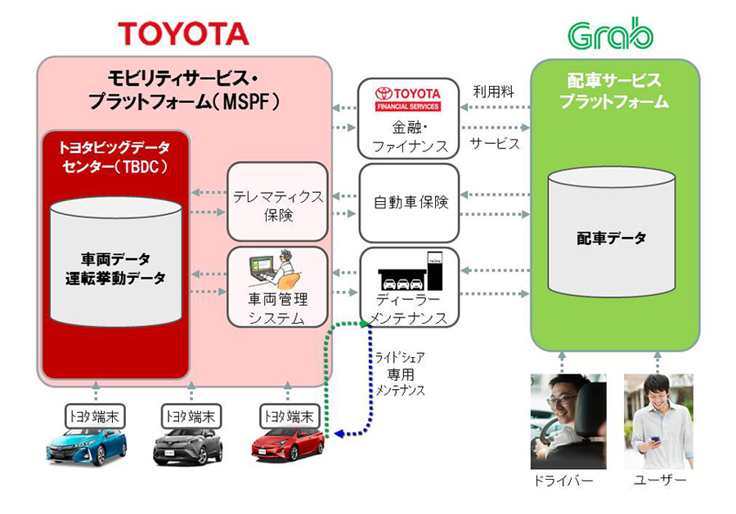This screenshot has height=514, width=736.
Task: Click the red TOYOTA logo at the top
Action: click(183, 33)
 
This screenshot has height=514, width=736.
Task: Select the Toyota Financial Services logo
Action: click(407, 98)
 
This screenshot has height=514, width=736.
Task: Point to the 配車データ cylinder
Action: click(611, 237)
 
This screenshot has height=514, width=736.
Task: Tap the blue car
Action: click(87, 446)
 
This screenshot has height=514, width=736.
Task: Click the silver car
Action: click(187, 446)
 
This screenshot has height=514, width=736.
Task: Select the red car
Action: click(287, 446)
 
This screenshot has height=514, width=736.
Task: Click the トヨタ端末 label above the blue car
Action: click(93, 415)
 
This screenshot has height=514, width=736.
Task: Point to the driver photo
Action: click(568, 421)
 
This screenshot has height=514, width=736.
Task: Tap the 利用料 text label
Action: click(494, 92)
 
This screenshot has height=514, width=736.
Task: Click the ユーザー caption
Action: click(659, 480)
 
